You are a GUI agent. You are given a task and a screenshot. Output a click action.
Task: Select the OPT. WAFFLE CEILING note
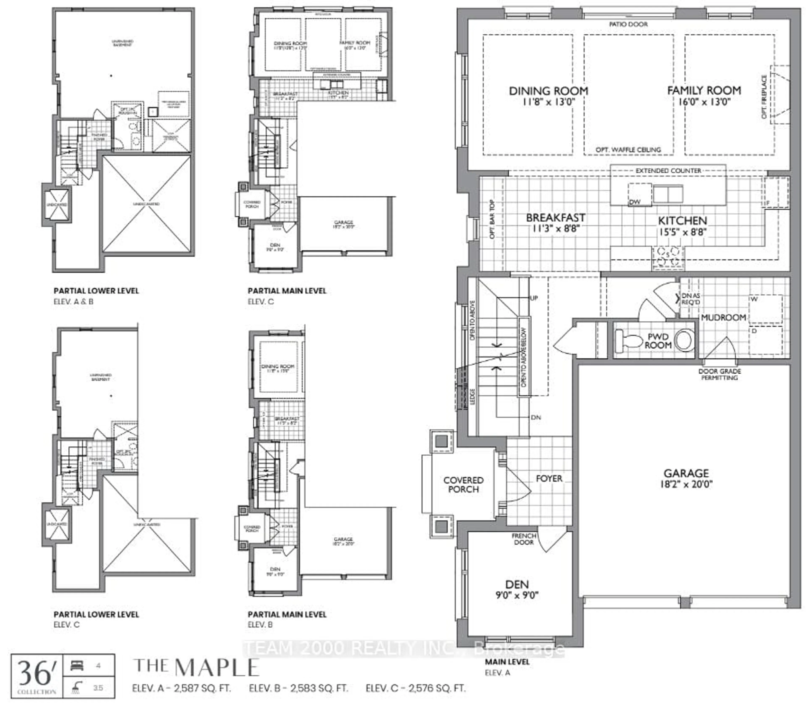pyautogui.click(x=628, y=149)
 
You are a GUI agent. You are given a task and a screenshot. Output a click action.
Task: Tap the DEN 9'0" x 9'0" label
pyautogui.click(x=517, y=590)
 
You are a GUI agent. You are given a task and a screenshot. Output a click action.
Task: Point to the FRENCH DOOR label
pyautogui.click(x=524, y=539)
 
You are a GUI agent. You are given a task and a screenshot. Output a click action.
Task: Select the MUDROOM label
pyautogui.click(x=723, y=317)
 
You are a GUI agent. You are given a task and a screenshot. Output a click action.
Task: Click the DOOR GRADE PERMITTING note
pyautogui.click(x=720, y=374)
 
